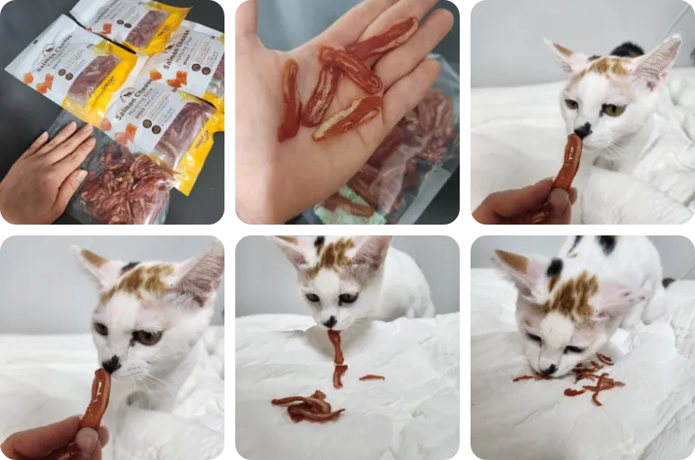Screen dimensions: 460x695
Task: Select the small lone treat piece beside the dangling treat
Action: tap(371, 377)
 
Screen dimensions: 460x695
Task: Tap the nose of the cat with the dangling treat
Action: tap(330, 322)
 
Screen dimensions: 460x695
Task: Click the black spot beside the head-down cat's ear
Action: tap(556, 268)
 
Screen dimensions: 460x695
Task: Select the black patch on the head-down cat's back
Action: tap(608, 241)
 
